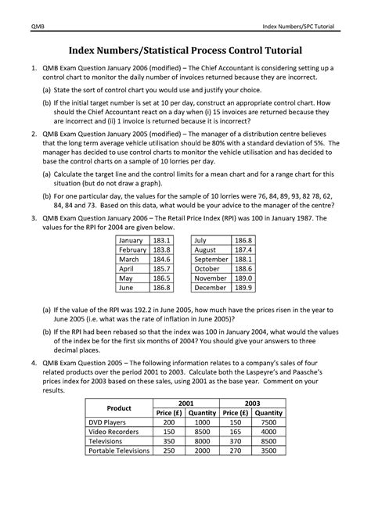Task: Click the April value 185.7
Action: (x=163, y=268)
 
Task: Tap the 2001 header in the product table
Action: (x=186, y=402)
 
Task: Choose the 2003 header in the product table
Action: (x=253, y=402)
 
